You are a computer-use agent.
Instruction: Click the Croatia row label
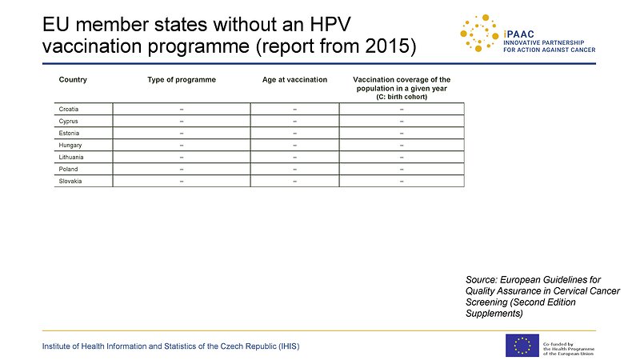point(69,109)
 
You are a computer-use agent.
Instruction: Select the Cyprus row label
point(68,122)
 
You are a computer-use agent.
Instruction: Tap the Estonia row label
point(69,133)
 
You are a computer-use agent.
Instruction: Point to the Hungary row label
point(70,146)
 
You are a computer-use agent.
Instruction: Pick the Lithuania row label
point(71,157)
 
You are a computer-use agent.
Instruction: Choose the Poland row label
point(68,169)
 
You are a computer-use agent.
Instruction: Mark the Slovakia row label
point(70,182)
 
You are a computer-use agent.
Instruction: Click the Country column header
point(73,79)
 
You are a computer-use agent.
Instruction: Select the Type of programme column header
point(182,80)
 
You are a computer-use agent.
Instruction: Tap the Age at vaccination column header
point(294,79)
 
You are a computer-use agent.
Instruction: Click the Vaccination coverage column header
point(402,88)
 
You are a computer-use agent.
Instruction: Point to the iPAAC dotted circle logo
point(479,33)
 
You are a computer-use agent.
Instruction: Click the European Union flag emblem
point(522,346)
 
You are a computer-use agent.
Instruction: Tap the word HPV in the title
point(330,25)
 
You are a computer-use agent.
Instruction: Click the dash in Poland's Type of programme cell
point(182,170)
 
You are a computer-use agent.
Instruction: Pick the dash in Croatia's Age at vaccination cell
point(294,110)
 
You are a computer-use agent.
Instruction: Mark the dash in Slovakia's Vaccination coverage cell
point(402,182)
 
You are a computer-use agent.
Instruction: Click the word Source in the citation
point(482,280)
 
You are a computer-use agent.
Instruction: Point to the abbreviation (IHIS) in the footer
point(289,346)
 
